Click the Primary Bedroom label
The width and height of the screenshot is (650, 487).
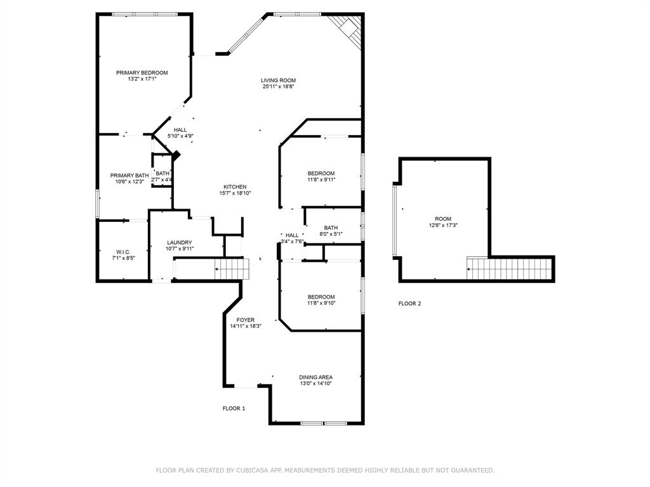point(142,73)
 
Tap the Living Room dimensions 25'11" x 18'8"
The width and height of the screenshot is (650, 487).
point(278,86)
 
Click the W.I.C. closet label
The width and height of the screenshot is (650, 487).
point(123,252)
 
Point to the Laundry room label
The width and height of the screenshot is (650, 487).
point(180,242)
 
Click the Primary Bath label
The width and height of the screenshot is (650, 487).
point(129,176)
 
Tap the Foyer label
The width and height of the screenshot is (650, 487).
point(246,320)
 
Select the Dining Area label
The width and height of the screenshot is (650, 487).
point(315,377)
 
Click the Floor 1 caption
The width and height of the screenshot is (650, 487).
point(234,408)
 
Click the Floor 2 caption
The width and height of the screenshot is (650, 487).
point(409,304)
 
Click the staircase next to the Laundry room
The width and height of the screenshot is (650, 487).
point(230,269)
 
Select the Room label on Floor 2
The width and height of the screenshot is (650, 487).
point(443,219)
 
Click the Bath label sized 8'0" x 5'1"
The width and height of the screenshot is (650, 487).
point(331,228)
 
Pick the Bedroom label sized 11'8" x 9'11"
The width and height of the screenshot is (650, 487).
point(321,174)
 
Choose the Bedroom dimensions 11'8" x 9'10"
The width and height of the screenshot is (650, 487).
point(321,303)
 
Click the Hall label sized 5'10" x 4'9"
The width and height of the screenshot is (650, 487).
point(180,130)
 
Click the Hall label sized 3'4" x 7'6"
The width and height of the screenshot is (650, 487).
point(292,235)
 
